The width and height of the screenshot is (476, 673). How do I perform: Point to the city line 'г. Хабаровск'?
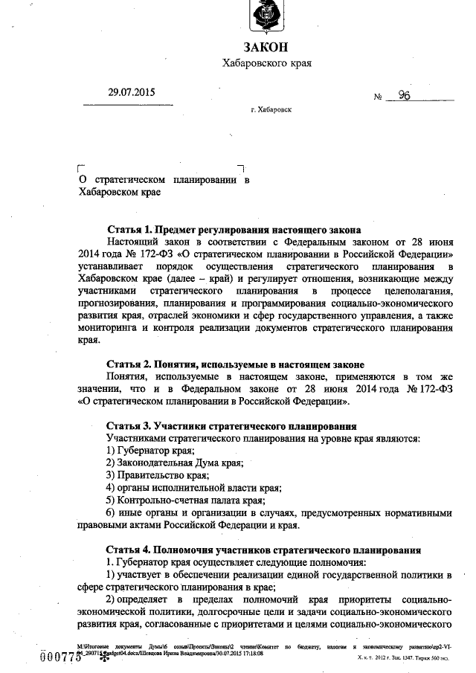pos(271,109)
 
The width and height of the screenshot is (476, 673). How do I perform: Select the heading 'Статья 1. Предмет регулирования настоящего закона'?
pos(234,230)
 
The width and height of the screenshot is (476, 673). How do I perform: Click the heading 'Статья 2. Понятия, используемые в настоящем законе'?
pos(235,365)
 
